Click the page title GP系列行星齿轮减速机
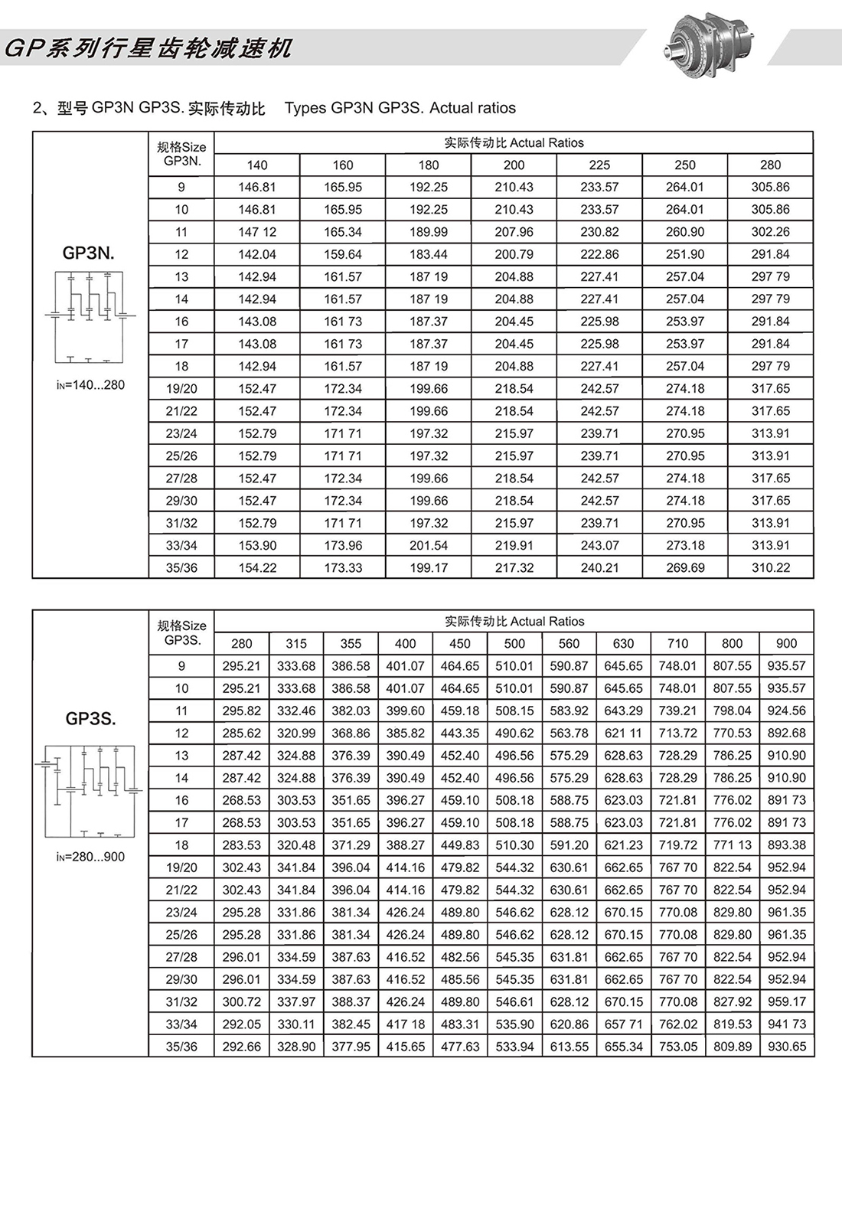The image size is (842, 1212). pyautogui.click(x=148, y=49)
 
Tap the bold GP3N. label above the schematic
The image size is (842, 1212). pyautogui.click(x=89, y=253)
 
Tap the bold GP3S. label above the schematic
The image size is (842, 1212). pyautogui.click(x=90, y=719)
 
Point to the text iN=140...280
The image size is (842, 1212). pyautogui.click(x=90, y=385)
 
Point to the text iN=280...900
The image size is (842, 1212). pyautogui.click(x=90, y=857)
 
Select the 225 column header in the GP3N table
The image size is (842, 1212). pyautogui.click(x=599, y=165)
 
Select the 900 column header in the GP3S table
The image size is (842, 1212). pyautogui.click(x=786, y=644)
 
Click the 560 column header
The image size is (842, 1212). pyautogui.click(x=569, y=644)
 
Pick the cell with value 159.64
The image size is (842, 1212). pyautogui.click(x=343, y=254)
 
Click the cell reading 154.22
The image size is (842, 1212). pyautogui.click(x=257, y=568)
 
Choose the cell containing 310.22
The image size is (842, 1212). pyautogui.click(x=770, y=568)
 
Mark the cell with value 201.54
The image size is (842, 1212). pyautogui.click(x=429, y=546)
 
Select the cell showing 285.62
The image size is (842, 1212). pyautogui.click(x=241, y=733)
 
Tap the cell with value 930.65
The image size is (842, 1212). pyautogui.click(x=786, y=1047)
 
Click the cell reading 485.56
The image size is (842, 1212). pyautogui.click(x=460, y=979)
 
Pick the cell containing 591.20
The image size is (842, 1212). pyautogui.click(x=569, y=845)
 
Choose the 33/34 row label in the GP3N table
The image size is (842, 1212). pyautogui.click(x=181, y=546)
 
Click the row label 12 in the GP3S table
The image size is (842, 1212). pyautogui.click(x=181, y=733)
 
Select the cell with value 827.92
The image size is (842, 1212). pyautogui.click(x=732, y=1001)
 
